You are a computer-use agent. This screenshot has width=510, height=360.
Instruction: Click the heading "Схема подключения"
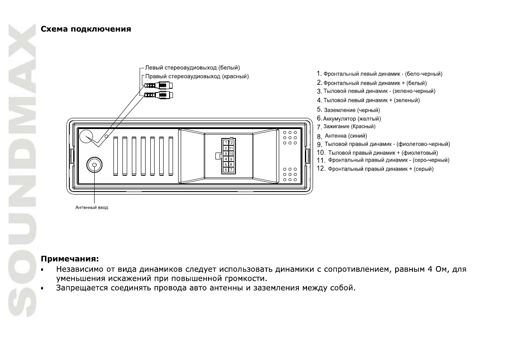coord(86,30)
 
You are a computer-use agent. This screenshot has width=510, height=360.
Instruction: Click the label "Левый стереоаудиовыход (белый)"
coord(192,68)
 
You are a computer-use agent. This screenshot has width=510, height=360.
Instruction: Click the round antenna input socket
coord(94,165)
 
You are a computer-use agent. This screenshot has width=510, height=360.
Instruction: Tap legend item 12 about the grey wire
coord(375,169)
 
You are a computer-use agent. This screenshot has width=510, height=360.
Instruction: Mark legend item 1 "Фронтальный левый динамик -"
coord(379,74)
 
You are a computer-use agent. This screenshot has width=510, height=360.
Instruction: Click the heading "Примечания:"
coord(69,259)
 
